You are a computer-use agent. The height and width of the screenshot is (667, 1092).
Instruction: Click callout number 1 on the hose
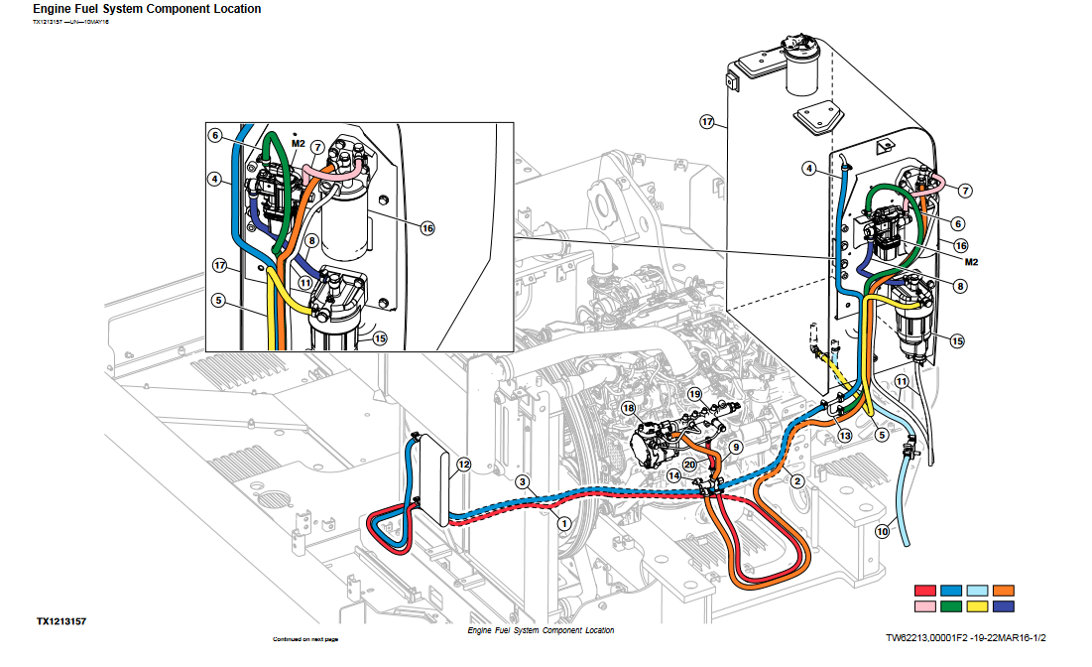(563, 522)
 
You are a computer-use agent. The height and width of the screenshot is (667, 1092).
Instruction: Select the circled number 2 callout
(795, 481)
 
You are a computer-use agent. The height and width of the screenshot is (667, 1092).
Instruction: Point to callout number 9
(735, 448)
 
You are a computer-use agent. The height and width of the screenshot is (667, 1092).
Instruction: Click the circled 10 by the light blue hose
(882, 531)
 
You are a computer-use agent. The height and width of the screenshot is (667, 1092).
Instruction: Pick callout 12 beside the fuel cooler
(464, 464)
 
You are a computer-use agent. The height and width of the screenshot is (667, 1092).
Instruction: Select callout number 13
(844, 435)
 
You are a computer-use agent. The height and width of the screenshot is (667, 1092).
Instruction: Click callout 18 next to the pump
(628, 408)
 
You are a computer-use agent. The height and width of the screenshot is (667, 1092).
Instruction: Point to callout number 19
(695, 395)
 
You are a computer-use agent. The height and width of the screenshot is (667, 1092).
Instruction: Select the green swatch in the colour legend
(954, 605)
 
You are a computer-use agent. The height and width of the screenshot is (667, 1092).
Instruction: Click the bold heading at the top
(147, 9)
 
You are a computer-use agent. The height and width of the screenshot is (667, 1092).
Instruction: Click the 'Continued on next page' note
(305, 639)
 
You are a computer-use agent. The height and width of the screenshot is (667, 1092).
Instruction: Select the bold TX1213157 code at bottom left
(61, 621)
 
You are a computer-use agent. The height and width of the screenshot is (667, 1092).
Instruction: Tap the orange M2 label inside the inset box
(296, 143)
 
